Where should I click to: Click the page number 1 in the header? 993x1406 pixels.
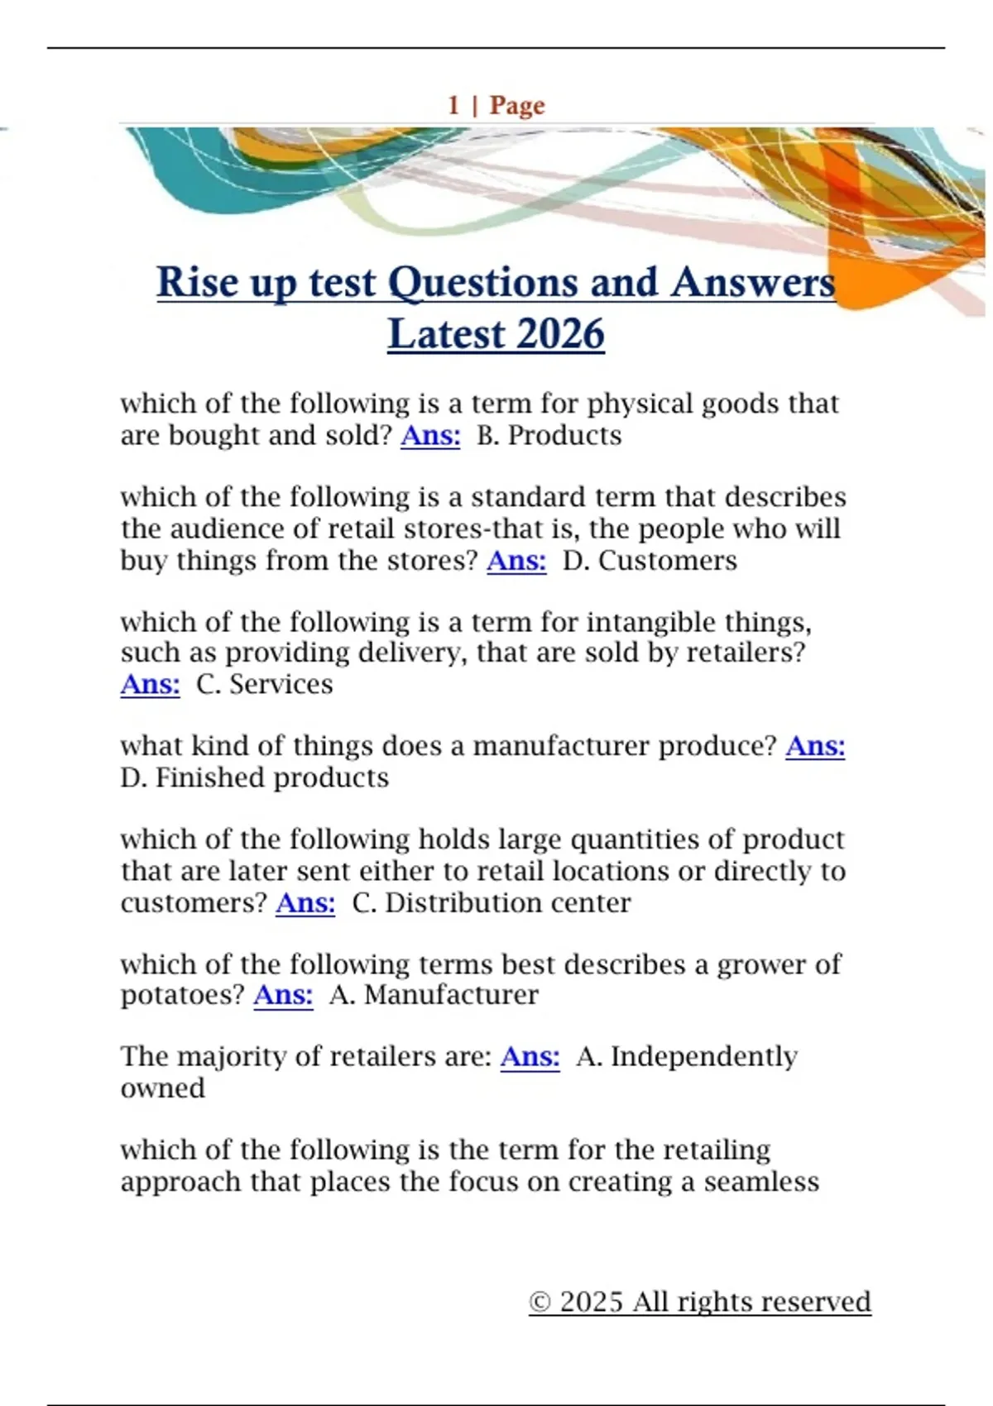pyautogui.click(x=453, y=106)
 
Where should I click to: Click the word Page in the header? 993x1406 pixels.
pyautogui.click(x=517, y=106)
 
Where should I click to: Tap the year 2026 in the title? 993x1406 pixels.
pyautogui.click(x=560, y=334)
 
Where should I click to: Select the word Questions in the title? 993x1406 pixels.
pyautogui.click(x=482, y=283)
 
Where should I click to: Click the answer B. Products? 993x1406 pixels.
pyautogui.click(x=549, y=436)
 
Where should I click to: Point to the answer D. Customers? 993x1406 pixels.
pyautogui.click(x=650, y=561)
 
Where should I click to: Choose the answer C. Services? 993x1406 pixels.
pyautogui.click(x=264, y=685)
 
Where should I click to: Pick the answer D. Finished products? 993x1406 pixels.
pyautogui.click(x=254, y=778)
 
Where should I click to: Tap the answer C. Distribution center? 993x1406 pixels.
pyautogui.click(x=491, y=902)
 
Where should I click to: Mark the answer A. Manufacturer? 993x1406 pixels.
pyautogui.click(x=434, y=995)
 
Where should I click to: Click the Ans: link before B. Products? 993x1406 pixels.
pyautogui.click(x=430, y=436)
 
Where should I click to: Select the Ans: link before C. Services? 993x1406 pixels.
pyautogui.click(x=150, y=685)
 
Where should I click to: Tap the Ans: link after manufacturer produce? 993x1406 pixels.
pyautogui.click(x=815, y=747)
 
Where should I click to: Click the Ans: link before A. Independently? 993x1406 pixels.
pyautogui.click(x=530, y=1057)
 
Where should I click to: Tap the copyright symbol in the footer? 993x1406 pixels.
pyautogui.click(x=540, y=1303)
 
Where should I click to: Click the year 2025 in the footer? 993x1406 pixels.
pyautogui.click(x=591, y=1303)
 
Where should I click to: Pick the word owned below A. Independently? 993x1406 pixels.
pyautogui.click(x=162, y=1088)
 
